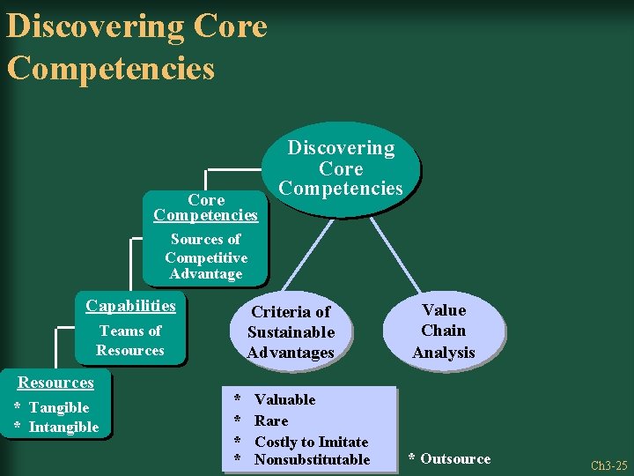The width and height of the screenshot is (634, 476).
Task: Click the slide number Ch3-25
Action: pos(608,465)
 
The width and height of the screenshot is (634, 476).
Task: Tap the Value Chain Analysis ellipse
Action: pos(444,331)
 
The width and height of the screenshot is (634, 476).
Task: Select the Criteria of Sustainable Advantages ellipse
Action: pos(291,332)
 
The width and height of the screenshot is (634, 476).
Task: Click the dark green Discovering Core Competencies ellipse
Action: pos(341,168)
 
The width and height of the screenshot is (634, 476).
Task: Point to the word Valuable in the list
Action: pos(284,399)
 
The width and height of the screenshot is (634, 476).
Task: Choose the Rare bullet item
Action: pos(271,420)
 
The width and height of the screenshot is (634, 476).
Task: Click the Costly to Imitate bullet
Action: pos(311,442)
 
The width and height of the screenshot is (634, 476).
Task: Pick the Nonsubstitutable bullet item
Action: pos(312,459)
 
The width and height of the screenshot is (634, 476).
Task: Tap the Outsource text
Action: pos(455,458)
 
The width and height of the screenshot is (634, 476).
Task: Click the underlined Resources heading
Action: pos(55,383)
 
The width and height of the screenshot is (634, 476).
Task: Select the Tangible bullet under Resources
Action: pos(59,407)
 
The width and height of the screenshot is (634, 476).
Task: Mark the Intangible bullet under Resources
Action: pos(63,428)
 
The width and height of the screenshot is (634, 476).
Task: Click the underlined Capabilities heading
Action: pos(130,306)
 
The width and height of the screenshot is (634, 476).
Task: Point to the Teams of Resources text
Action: pos(130,340)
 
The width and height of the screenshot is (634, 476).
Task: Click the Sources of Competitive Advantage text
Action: pos(205,257)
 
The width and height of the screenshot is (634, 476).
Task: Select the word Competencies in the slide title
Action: pos(111,68)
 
